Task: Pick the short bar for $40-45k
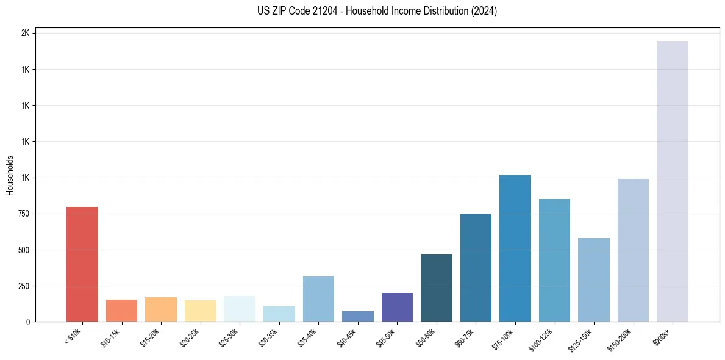pyautogui.click(x=357, y=317)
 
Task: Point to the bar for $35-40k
pyautogui.click(x=318, y=299)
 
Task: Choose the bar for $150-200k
pyautogui.click(x=633, y=250)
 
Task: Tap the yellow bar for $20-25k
pyautogui.click(x=200, y=311)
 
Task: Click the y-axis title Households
pyautogui.click(x=10, y=176)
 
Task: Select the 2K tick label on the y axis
pyautogui.click(x=25, y=33)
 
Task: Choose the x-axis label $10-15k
pyautogui.click(x=111, y=337)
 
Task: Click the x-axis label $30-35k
pyautogui.click(x=268, y=337)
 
